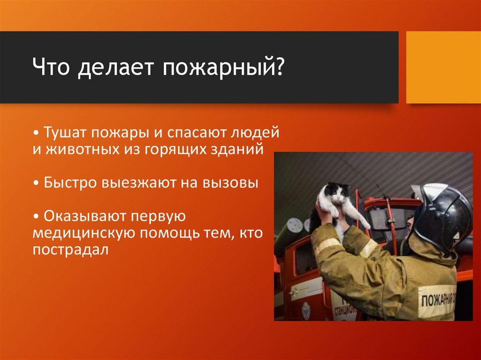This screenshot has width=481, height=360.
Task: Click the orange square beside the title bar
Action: [x=443, y=67]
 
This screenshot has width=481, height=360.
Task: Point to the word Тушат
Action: [x=65, y=132]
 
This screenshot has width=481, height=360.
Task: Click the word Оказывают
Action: [x=85, y=216]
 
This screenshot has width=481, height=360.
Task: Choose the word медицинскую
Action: [x=84, y=234]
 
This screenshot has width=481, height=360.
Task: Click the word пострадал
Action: [x=70, y=250]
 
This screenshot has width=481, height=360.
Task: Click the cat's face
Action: [x=339, y=193]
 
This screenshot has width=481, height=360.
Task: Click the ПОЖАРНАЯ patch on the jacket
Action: [x=437, y=301]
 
